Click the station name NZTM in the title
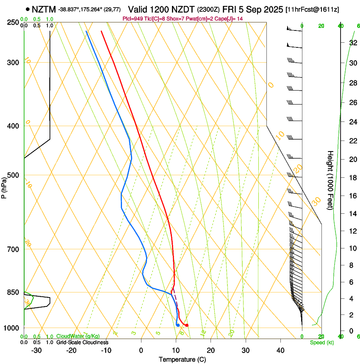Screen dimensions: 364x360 [44, 9]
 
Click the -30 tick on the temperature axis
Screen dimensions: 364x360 [36, 350]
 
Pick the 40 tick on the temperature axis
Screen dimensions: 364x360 [280, 350]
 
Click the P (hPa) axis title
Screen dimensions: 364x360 [4, 185]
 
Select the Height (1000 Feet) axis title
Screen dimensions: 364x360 [330, 180]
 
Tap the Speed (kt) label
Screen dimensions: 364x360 [321, 342]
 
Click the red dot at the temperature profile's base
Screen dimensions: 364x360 [187, 325]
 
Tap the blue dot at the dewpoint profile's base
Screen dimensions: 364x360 [178, 325]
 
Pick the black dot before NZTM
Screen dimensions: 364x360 [28, 9]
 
